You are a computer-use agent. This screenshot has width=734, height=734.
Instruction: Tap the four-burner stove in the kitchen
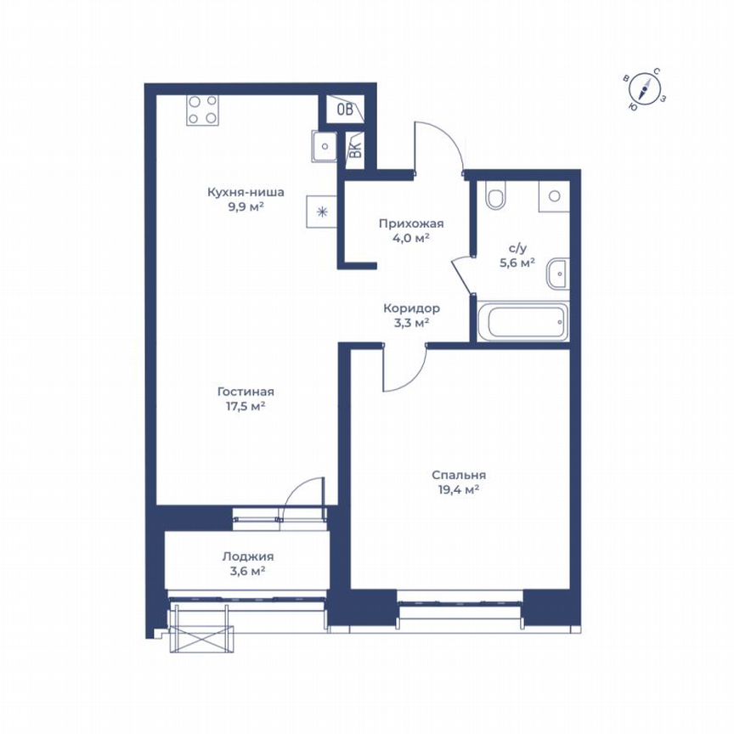click(x=202, y=109)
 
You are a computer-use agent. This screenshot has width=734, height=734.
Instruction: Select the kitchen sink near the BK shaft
click(x=324, y=146)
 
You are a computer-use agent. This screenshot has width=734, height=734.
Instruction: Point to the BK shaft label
click(x=355, y=149)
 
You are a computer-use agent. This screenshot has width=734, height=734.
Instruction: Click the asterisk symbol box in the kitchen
click(x=322, y=212)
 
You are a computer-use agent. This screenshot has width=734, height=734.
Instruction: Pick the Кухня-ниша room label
click(x=246, y=192)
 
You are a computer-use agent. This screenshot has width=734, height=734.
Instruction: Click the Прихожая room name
click(x=411, y=223)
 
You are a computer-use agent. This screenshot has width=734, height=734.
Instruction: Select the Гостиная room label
click(x=246, y=392)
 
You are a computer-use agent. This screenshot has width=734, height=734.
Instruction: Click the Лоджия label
click(x=248, y=556)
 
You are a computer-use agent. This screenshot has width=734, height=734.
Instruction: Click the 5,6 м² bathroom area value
click(x=517, y=263)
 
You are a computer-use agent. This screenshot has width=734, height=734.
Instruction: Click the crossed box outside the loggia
click(x=201, y=640)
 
